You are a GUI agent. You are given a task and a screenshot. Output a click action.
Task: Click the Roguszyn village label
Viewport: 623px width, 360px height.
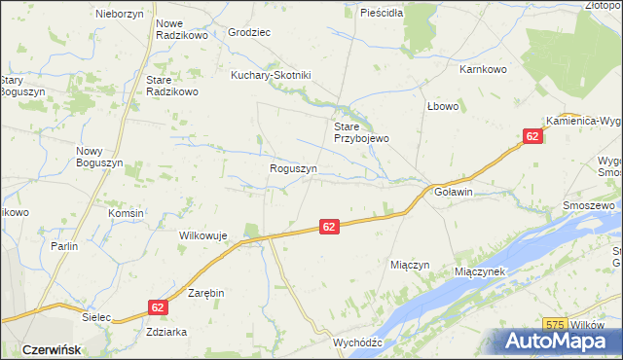click(x=293, y=168)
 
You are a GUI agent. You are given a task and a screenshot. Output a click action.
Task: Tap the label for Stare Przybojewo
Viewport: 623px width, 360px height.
click(x=361, y=132)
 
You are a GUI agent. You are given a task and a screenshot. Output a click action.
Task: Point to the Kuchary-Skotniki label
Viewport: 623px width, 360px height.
click(x=270, y=75)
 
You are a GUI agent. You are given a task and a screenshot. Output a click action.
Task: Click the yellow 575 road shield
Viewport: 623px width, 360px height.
click(x=556, y=323)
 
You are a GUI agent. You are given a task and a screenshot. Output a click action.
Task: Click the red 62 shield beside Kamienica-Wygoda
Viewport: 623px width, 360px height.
click(x=531, y=137)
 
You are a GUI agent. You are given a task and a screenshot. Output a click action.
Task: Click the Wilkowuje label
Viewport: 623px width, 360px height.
click(x=202, y=235)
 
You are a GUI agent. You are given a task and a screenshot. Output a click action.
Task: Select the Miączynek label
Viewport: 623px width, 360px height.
click(x=480, y=271)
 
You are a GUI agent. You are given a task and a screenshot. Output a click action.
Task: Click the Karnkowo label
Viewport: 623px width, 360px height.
click(x=485, y=70)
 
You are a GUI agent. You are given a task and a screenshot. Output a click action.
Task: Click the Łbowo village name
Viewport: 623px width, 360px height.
click(x=442, y=106)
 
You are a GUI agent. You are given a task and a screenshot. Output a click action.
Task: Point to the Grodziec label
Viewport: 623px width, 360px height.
click(x=249, y=32)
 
